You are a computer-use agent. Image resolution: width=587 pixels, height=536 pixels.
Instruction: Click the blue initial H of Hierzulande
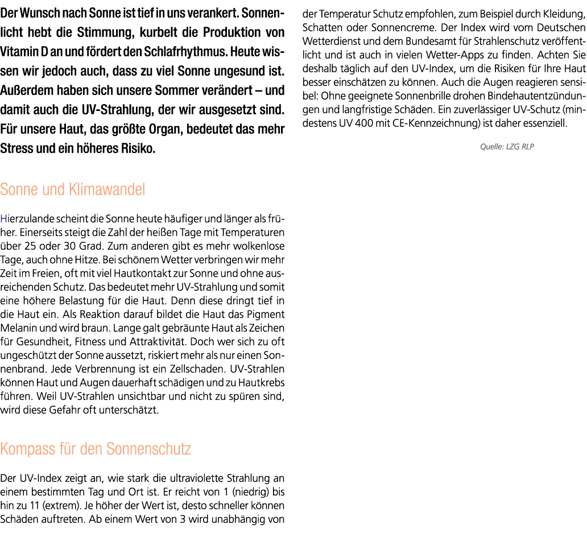point(3,218)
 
